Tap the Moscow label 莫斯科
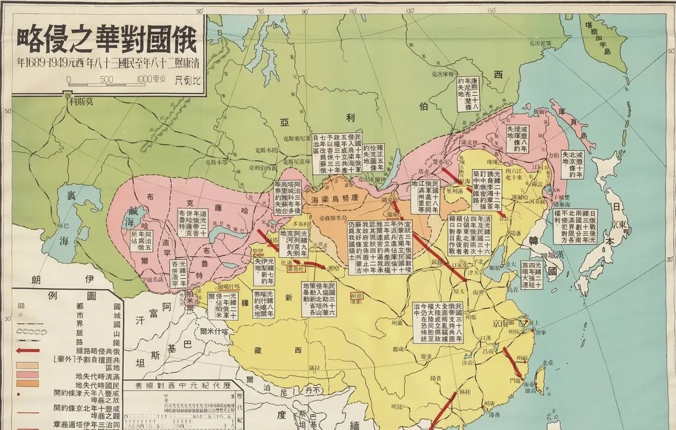81,103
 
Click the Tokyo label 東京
619,225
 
